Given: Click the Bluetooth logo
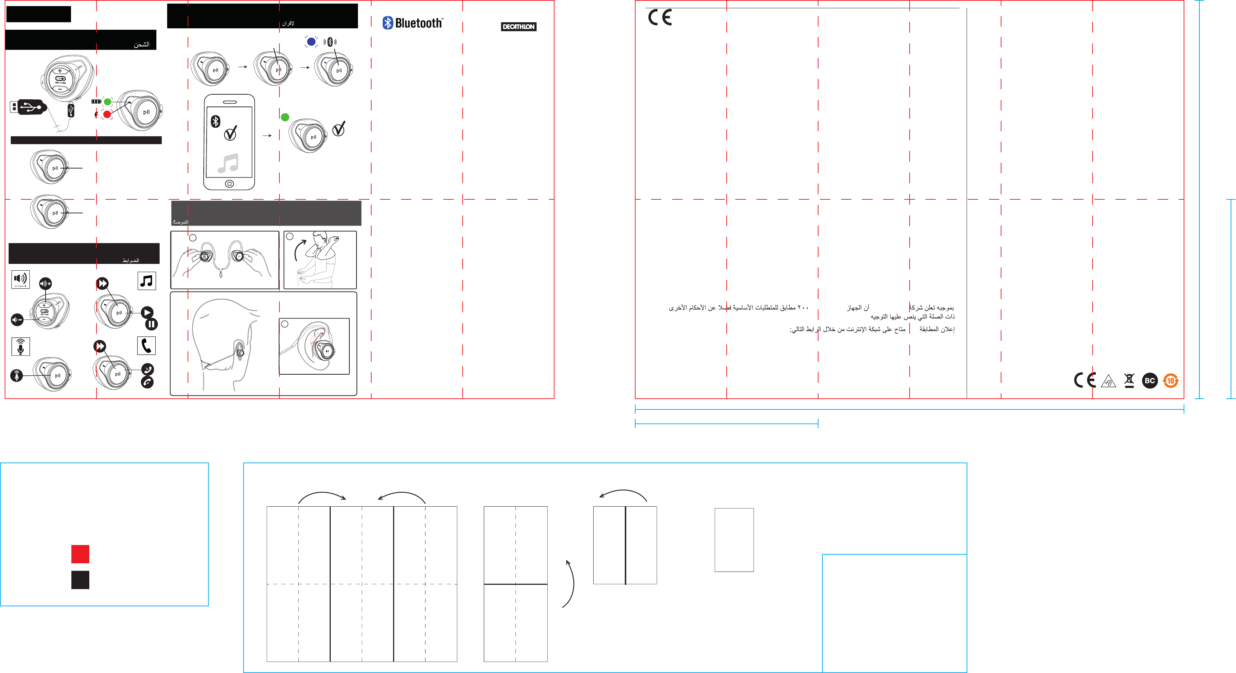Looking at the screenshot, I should pyautogui.click(x=412, y=23).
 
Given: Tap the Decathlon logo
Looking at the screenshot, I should pyautogui.click(x=518, y=27).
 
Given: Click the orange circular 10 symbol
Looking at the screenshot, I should pyautogui.click(x=1170, y=381).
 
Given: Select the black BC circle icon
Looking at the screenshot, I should pyautogui.click(x=1150, y=381).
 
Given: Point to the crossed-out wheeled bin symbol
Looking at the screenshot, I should pyautogui.click(x=1129, y=380).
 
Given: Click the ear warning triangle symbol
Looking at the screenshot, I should pyautogui.click(x=1108, y=381).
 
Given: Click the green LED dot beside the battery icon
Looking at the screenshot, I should pyautogui.click(x=108, y=102).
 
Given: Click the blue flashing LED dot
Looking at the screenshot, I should pyautogui.click(x=311, y=42).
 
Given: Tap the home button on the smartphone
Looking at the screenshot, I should pyautogui.click(x=229, y=184).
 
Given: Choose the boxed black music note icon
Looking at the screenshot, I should pyautogui.click(x=146, y=281).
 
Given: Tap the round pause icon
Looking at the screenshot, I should pyautogui.click(x=151, y=324).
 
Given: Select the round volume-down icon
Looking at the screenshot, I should pyautogui.click(x=17, y=319).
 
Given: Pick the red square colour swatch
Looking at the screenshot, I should pyautogui.click(x=80, y=554).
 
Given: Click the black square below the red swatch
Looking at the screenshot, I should pyautogui.click(x=80, y=579).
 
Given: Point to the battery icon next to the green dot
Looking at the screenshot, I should pyautogui.click(x=96, y=102).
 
